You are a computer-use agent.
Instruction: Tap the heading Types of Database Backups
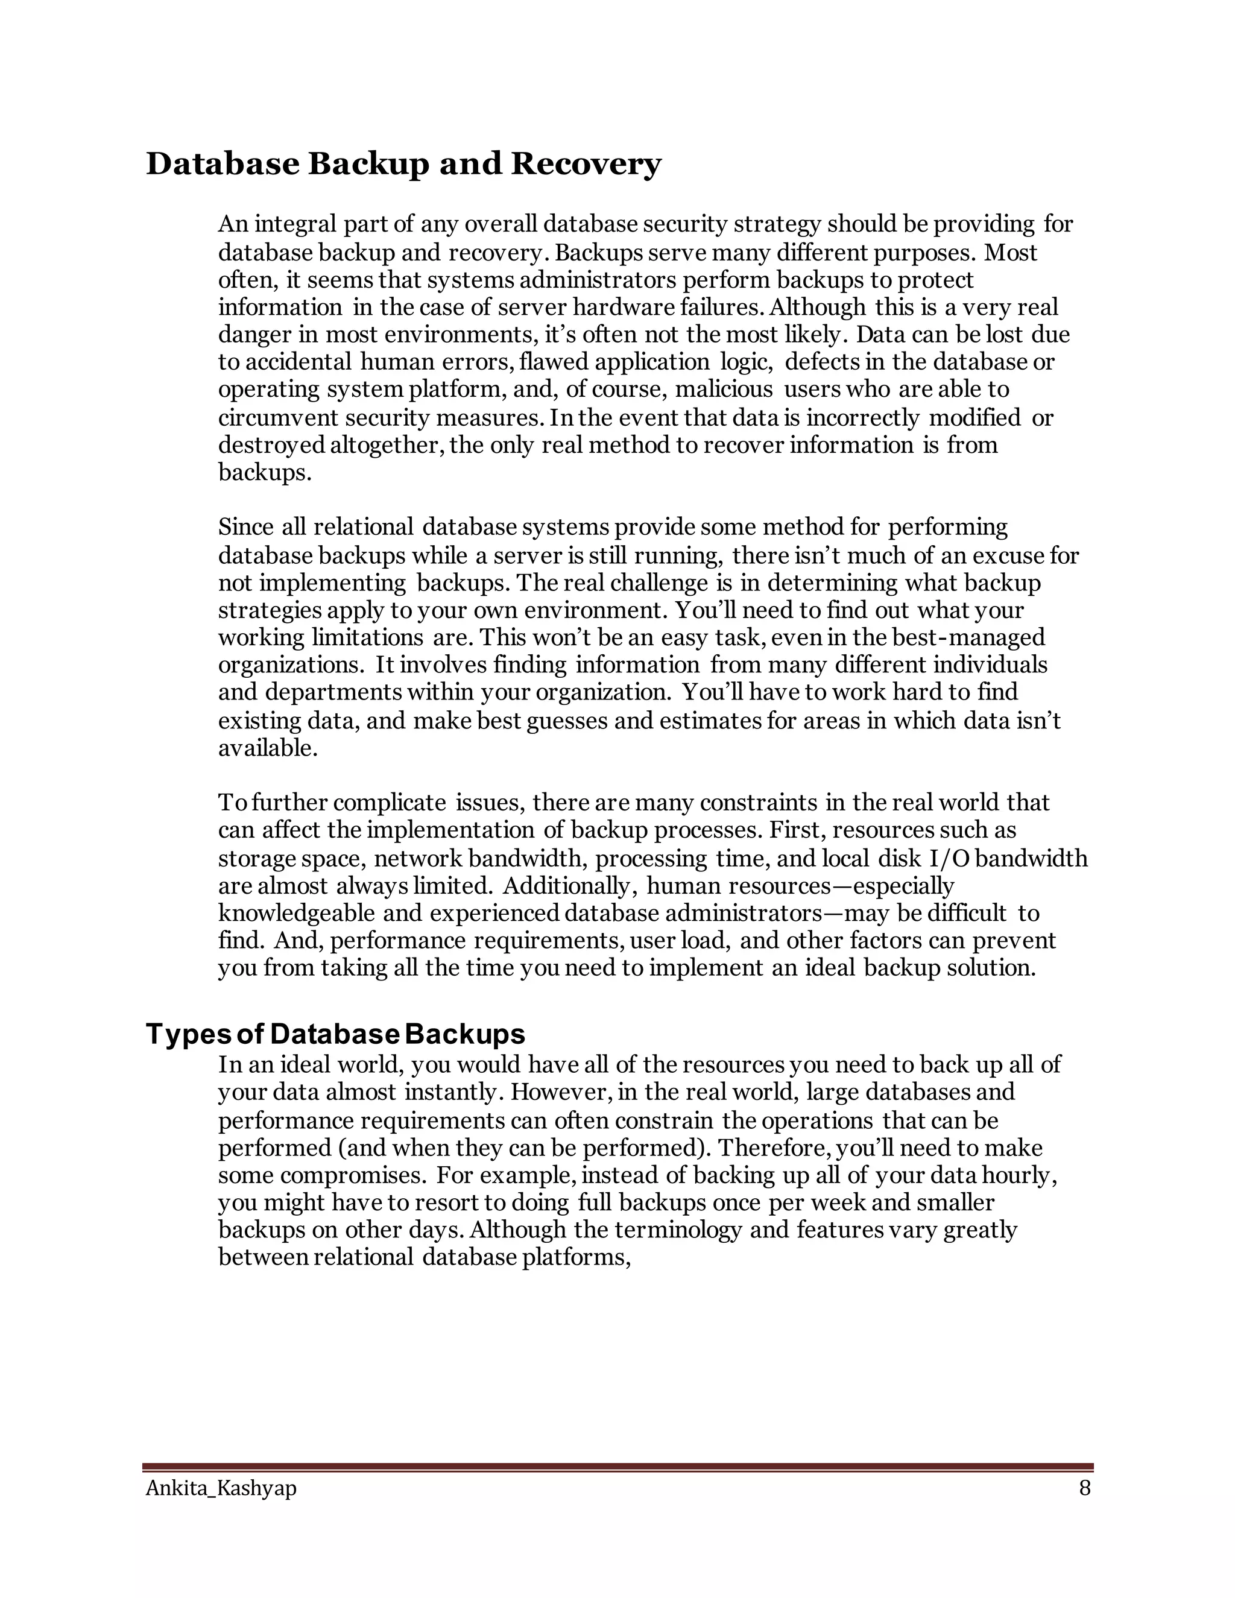(335, 1034)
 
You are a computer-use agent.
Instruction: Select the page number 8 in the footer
(1084, 1488)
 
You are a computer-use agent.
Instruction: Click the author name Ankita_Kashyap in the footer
(221, 1488)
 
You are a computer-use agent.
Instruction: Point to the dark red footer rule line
(617, 1467)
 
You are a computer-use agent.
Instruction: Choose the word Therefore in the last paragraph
(774, 1148)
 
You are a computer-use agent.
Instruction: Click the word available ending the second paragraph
(268, 748)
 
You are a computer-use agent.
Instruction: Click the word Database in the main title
(223, 164)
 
